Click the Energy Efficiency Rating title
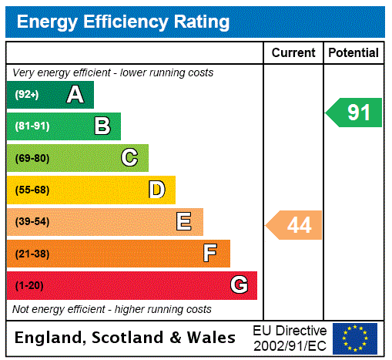[123, 22]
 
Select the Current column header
[293, 53]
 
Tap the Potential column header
[353, 53]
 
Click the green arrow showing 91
[355, 113]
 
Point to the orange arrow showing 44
[296, 225]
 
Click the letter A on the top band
[75, 95]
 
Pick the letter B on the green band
[102, 126]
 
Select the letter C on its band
[129, 158]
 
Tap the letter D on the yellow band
[157, 190]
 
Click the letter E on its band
[184, 222]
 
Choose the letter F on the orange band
[210, 254]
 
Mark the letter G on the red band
[240, 285]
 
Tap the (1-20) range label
[29, 286]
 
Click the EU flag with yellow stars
[355, 338]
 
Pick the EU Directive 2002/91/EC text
[290, 338]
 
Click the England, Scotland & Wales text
[126, 338]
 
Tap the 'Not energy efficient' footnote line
[112, 309]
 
